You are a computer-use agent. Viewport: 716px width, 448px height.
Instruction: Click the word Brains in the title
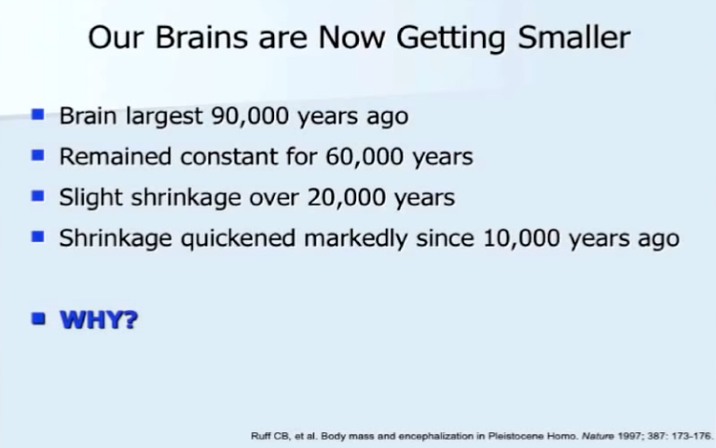pos(201,37)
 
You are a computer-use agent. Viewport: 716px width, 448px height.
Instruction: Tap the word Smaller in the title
pos(574,37)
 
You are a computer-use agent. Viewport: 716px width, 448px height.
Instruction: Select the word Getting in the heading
pos(450,38)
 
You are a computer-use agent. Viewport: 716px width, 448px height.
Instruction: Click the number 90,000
pos(250,116)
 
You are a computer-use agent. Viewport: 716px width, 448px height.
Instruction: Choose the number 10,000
pos(521,238)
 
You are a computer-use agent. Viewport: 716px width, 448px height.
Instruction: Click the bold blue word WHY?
pos(99,319)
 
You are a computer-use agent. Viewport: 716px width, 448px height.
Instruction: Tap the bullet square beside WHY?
pos(38,319)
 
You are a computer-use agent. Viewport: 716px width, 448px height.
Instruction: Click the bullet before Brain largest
pos(38,114)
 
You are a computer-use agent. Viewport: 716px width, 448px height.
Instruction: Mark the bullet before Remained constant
pos(38,156)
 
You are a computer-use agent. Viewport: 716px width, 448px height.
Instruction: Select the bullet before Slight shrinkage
pos(38,196)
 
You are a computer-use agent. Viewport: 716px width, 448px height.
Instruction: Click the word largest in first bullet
pos(164,116)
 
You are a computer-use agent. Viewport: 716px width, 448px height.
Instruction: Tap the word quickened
pos(238,238)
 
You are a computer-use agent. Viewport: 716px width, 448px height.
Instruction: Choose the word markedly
pos(355,238)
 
